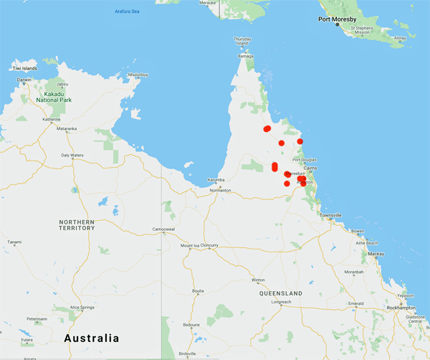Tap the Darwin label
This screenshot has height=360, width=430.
[24, 80]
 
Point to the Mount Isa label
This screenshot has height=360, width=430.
[190, 245]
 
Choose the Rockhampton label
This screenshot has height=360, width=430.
[401, 307]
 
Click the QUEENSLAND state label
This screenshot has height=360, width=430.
[282, 293]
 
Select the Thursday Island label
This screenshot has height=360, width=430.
[242, 41]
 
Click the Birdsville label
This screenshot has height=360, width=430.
[187, 354]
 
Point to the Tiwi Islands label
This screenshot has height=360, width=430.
[23, 68]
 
